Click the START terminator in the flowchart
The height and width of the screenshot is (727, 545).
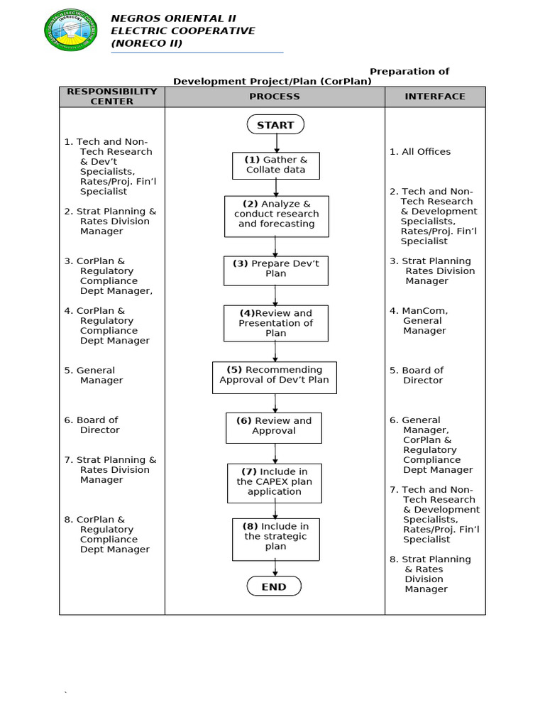pos(275,125)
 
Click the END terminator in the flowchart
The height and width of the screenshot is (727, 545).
pos(274,586)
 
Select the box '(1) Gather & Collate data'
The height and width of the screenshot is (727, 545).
pos(276,165)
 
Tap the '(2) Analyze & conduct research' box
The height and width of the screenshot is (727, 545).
pos(277,216)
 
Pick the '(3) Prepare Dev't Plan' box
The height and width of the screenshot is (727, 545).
pos(276,270)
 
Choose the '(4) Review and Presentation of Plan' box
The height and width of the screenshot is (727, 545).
pos(276,323)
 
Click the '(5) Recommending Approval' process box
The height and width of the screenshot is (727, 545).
pos(275,377)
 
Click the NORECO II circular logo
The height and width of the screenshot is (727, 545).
pos(71,30)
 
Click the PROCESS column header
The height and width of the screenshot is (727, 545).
pos(275,97)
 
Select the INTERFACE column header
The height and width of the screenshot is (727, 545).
pos(435,97)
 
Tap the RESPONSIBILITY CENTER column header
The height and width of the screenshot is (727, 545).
pos(112,97)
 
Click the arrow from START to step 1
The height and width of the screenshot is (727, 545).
pos(276,143)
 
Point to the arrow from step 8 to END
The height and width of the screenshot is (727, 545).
pos(275,567)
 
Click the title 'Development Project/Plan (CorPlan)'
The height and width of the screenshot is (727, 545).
pos(272,82)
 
